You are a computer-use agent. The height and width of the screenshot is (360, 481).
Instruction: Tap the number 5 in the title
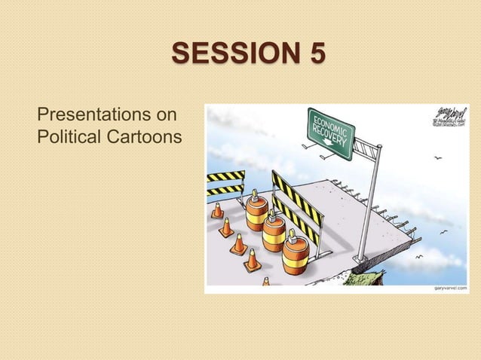pos(317,55)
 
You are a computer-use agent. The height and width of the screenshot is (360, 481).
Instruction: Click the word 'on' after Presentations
pos(167,116)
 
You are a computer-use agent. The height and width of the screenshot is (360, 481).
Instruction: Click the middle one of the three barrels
pos(274,231)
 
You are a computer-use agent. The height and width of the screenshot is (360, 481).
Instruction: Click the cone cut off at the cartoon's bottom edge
pos(265,282)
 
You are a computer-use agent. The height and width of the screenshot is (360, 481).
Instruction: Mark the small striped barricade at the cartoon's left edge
pos(225,182)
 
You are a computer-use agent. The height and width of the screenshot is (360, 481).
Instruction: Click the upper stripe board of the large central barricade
pos(296,193)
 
